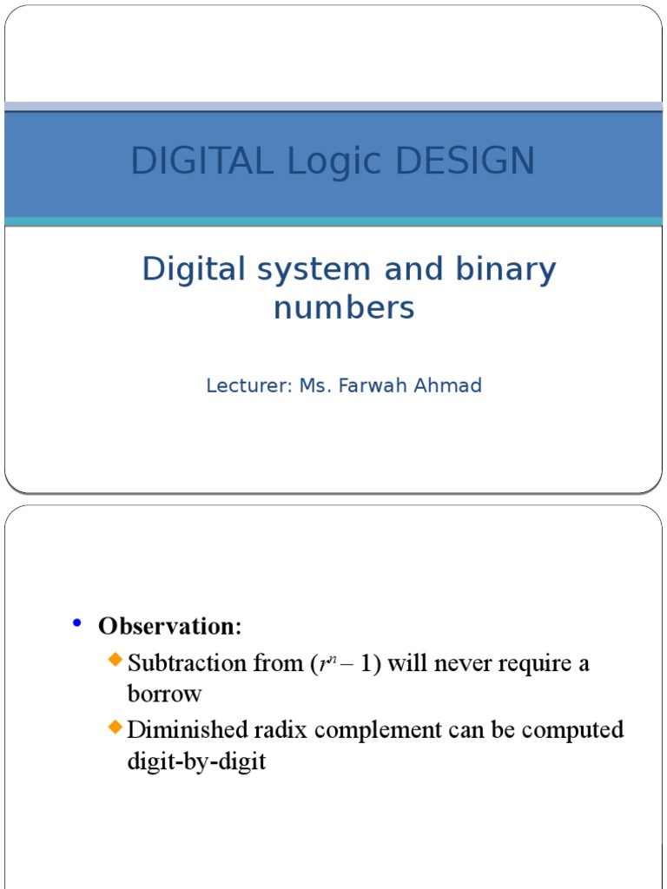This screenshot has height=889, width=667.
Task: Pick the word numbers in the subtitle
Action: (344, 307)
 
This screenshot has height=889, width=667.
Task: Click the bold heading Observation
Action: (170, 625)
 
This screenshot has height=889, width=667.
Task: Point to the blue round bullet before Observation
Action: (76, 622)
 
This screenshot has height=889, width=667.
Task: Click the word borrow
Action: (164, 695)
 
